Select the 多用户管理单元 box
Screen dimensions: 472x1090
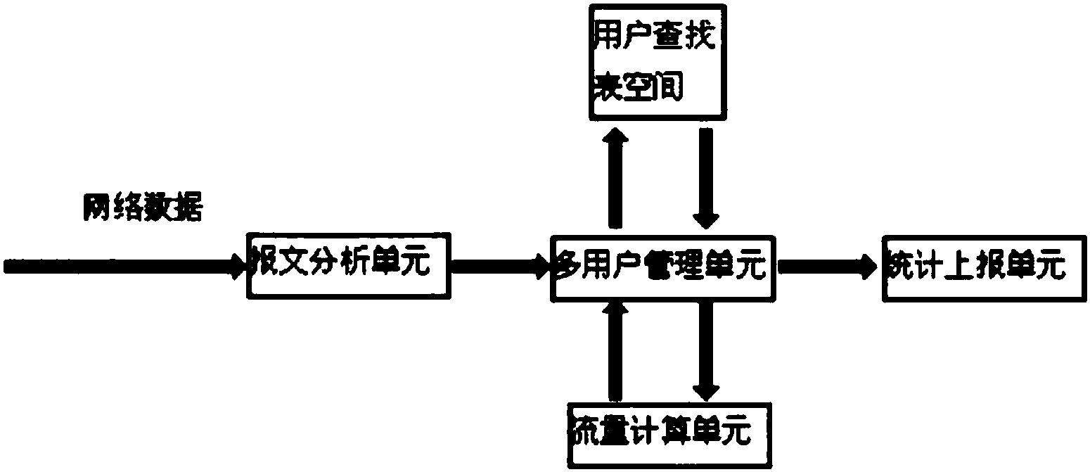click(661, 267)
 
